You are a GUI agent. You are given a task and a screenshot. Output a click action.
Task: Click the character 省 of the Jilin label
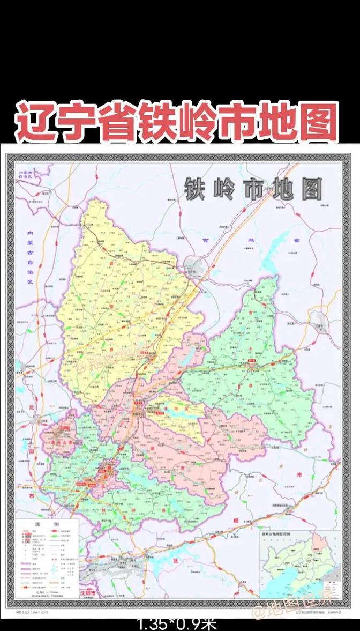coord(296,241)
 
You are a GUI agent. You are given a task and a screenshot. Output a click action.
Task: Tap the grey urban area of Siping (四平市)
coord(194,266)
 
